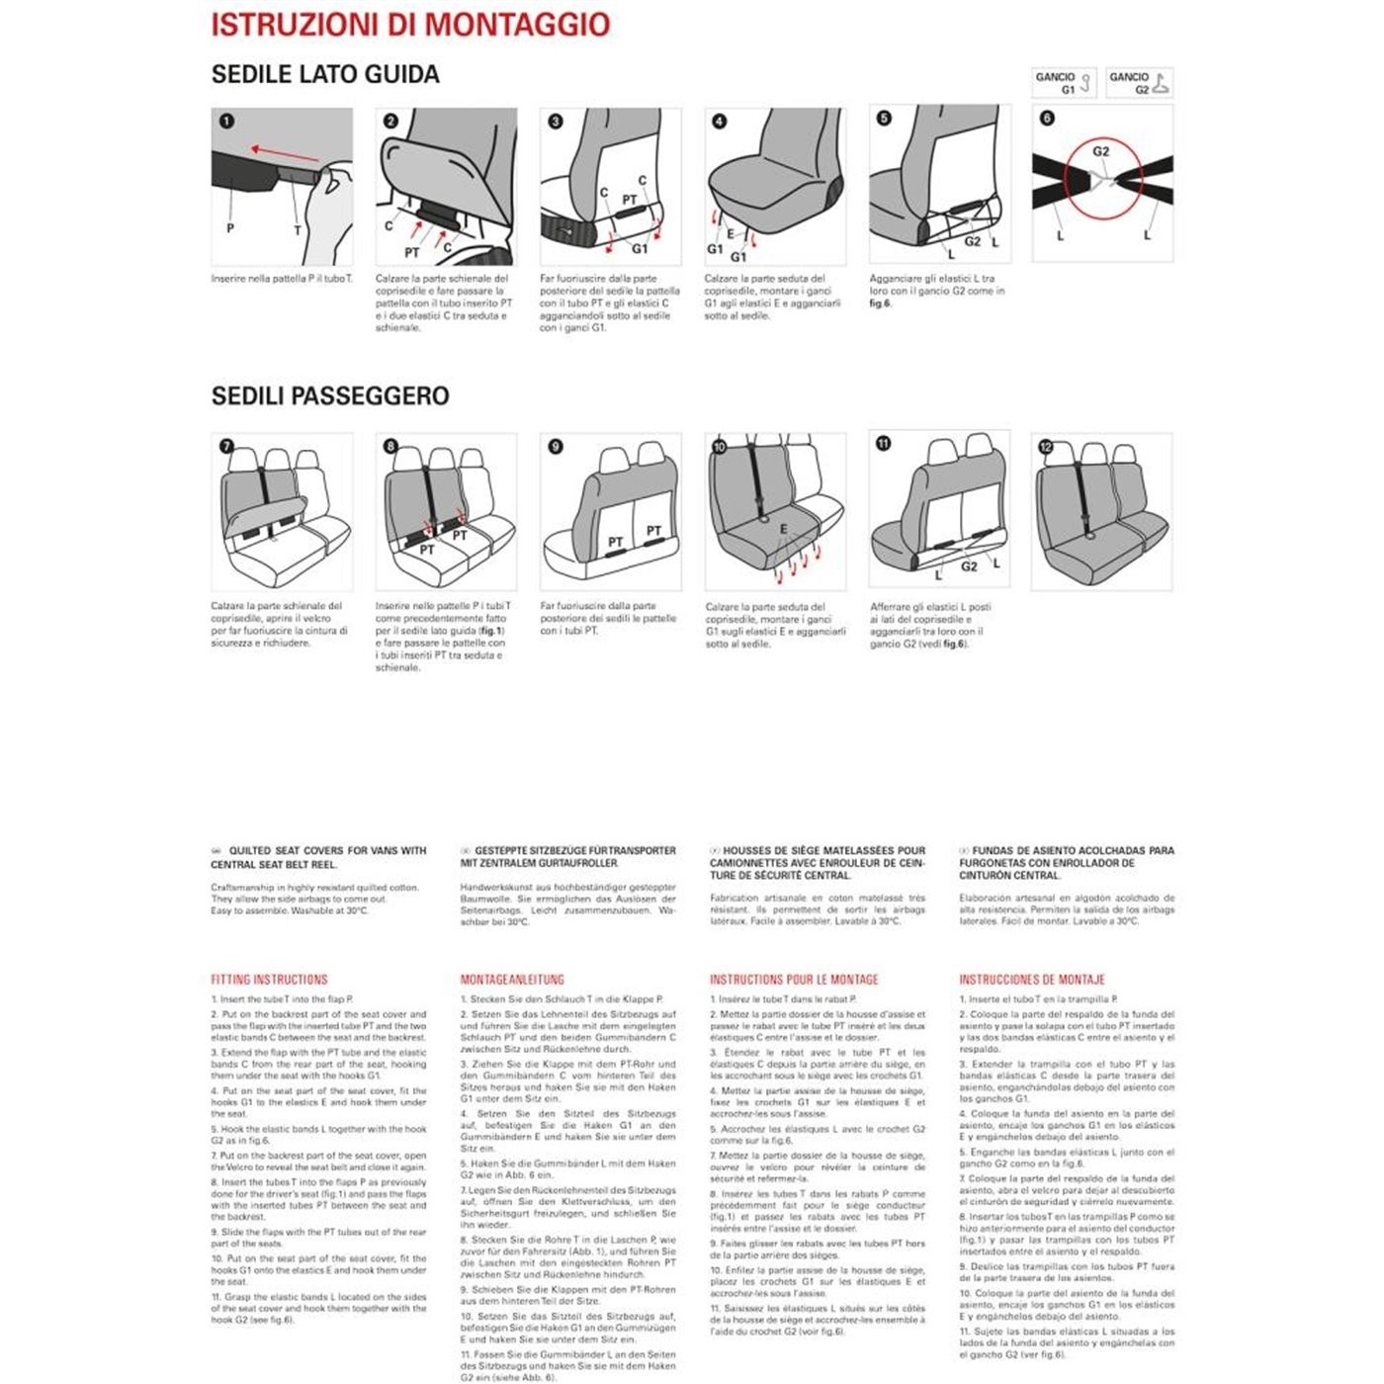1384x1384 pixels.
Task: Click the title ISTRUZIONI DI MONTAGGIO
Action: pyautogui.click(x=410, y=25)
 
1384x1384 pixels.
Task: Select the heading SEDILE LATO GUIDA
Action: pyautogui.click(x=325, y=74)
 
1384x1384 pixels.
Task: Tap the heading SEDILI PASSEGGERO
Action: pyautogui.click(x=330, y=396)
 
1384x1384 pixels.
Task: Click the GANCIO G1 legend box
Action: pyautogui.click(x=1064, y=83)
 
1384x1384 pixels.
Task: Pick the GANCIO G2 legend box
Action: pyautogui.click(x=1139, y=83)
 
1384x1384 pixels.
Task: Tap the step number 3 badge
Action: pyautogui.click(x=556, y=122)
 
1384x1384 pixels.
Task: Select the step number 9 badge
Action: pyautogui.click(x=556, y=447)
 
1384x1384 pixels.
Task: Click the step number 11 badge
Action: pyautogui.click(x=884, y=444)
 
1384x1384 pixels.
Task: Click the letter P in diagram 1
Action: pyautogui.click(x=230, y=228)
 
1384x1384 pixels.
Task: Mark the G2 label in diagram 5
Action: pyautogui.click(x=973, y=241)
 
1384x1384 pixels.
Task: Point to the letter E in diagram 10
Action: pyautogui.click(x=784, y=530)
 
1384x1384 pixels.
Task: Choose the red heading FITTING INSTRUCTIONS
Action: pyautogui.click(x=269, y=980)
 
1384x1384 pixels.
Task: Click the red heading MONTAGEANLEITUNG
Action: pyautogui.click(x=512, y=980)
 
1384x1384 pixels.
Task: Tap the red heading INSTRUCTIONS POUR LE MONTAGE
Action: pyautogui.click(x=794, y=980)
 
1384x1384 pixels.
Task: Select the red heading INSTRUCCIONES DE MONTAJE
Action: pyautogui.click(x=1032, y=980)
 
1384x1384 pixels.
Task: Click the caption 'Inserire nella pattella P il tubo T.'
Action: pyautogui.click(x=282, y=279)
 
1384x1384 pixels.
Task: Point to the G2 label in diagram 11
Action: pyautogui.click(x=969, y=566)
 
